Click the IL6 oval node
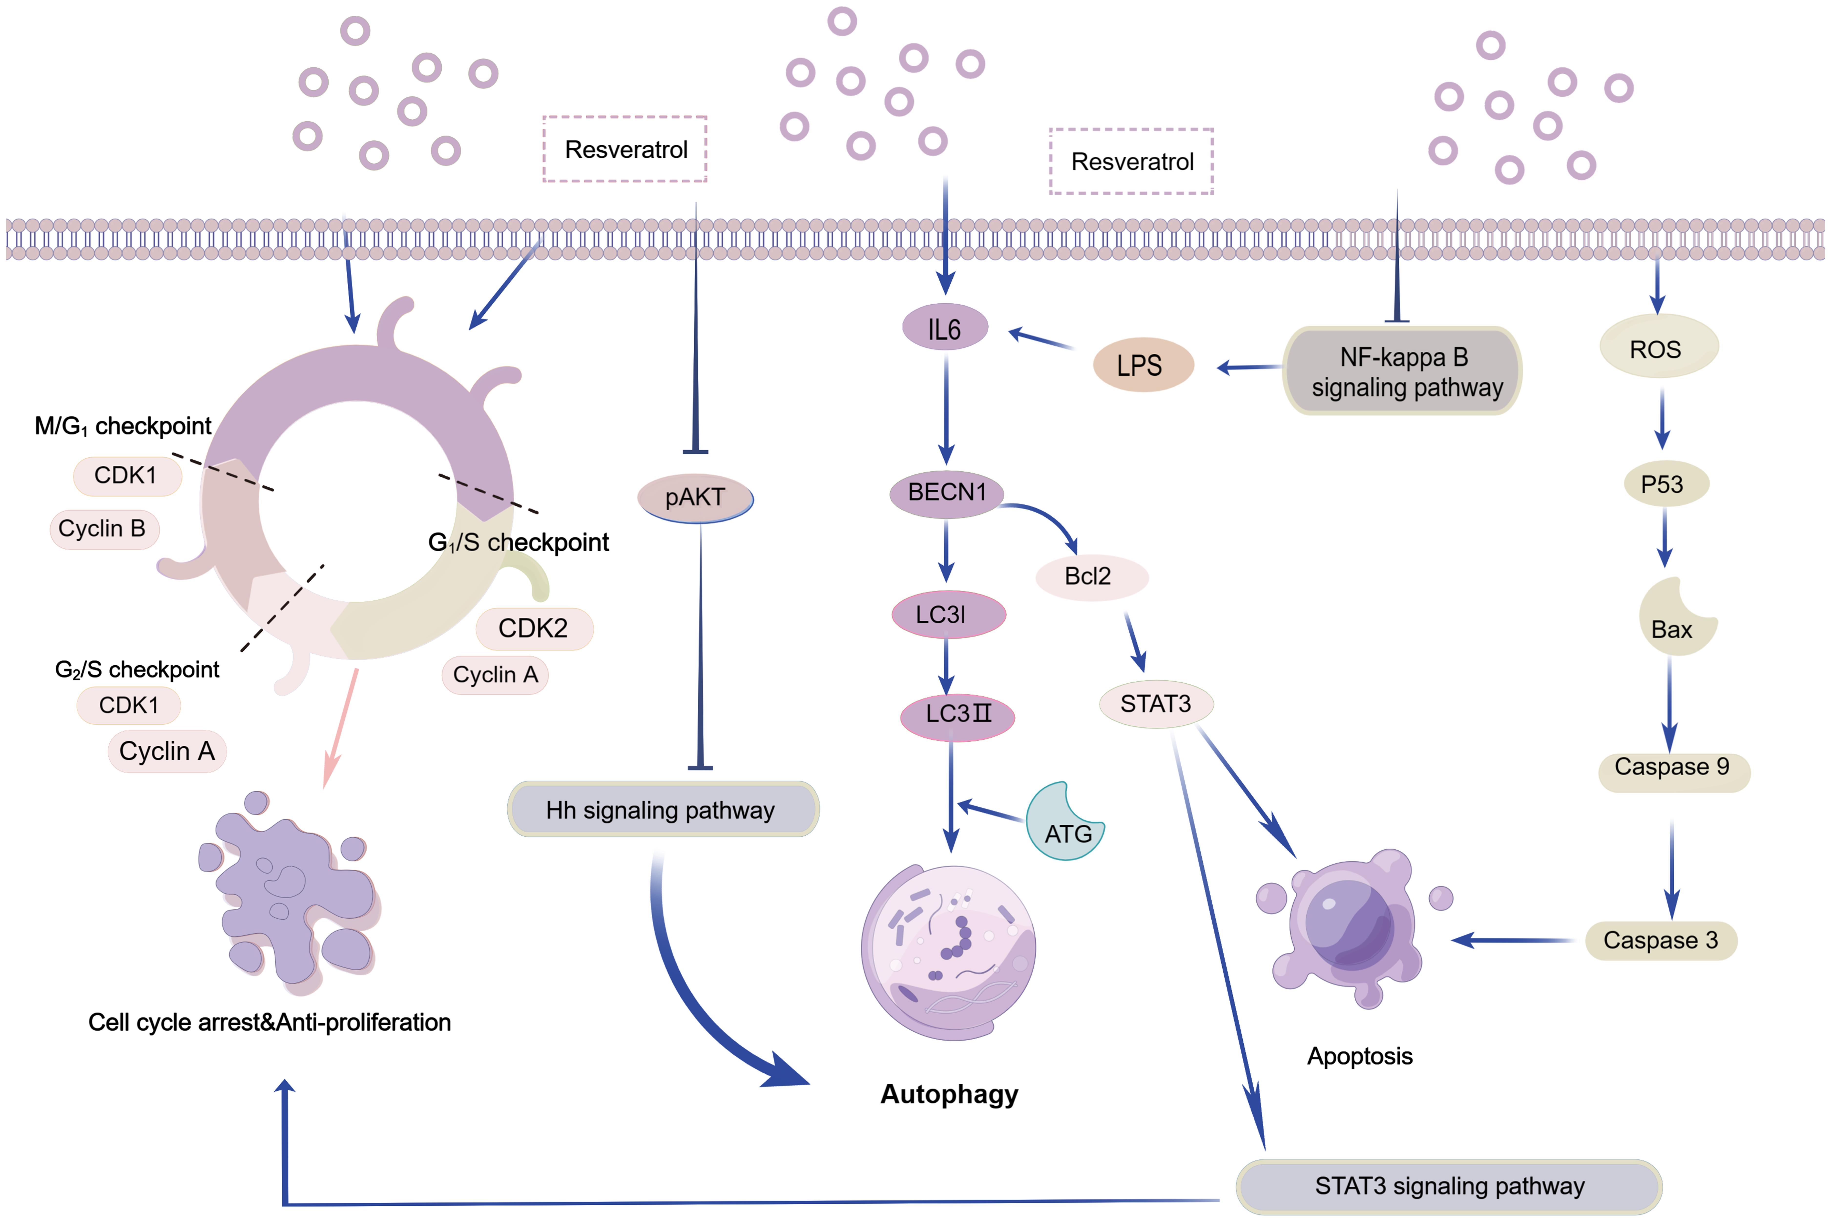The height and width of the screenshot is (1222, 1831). (945, 328)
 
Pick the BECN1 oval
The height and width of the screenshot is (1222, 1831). (946, 493)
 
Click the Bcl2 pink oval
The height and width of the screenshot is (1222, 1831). (1090, 577)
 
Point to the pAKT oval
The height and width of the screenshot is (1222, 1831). (695, 497)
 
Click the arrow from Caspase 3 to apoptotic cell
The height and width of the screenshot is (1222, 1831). (1512, 941)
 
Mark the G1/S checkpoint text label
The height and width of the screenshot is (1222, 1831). (518, 542)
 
